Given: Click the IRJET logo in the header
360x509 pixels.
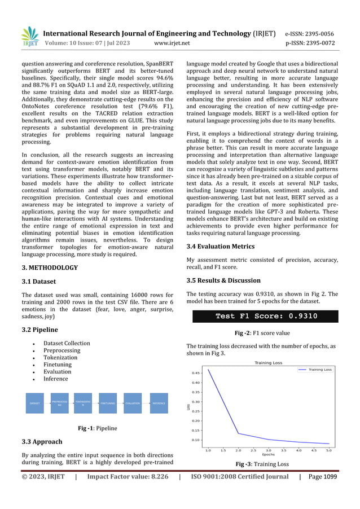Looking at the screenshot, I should [30, 37].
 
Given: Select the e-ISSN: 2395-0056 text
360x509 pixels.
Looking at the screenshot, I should [309, 33].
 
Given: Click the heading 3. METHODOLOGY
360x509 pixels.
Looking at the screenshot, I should [50, 267].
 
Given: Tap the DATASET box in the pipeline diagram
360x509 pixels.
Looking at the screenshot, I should [34, 403].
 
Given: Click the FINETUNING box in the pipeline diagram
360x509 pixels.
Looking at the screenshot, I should [107, 403].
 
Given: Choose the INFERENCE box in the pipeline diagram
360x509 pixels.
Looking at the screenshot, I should [159, 403].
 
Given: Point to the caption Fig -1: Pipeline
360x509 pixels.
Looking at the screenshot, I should [97, 428].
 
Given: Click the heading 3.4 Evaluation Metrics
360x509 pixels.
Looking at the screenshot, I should [220, 247].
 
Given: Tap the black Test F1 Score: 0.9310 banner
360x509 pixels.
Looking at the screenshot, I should [266, 316].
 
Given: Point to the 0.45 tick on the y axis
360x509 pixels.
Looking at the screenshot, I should [195, 373].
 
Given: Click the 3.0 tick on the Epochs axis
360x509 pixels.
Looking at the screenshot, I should [269, 450].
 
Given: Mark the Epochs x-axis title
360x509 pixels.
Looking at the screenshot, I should [269, 455].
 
